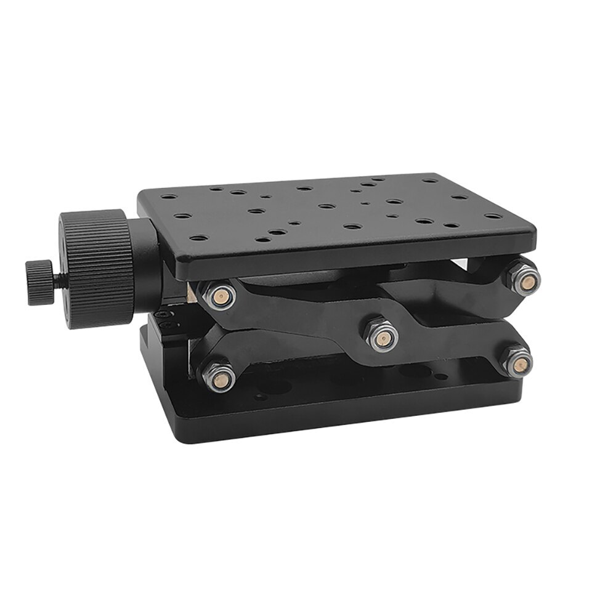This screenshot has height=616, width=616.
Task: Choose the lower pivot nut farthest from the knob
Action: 516,360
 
